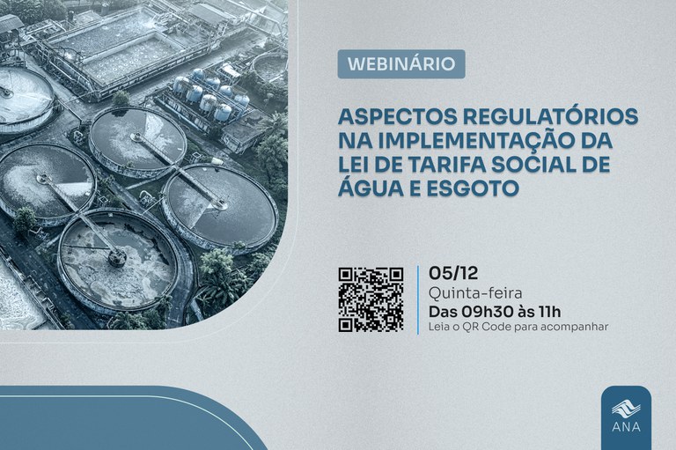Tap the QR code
coord(371,299)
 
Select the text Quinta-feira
coord(468,291)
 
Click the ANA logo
coord(626,412)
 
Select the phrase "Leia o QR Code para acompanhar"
coord(518,328)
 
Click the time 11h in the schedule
coord(549,311)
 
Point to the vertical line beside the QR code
coord(417,299)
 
